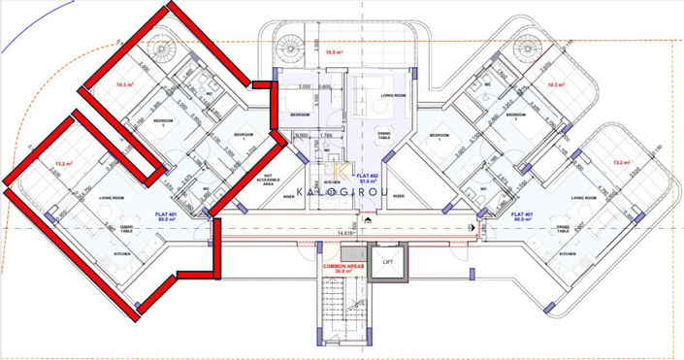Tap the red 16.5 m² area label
[337, 52]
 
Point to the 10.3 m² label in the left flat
[123, 85]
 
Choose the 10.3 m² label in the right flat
[556, 85]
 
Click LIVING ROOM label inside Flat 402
[393, 96]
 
